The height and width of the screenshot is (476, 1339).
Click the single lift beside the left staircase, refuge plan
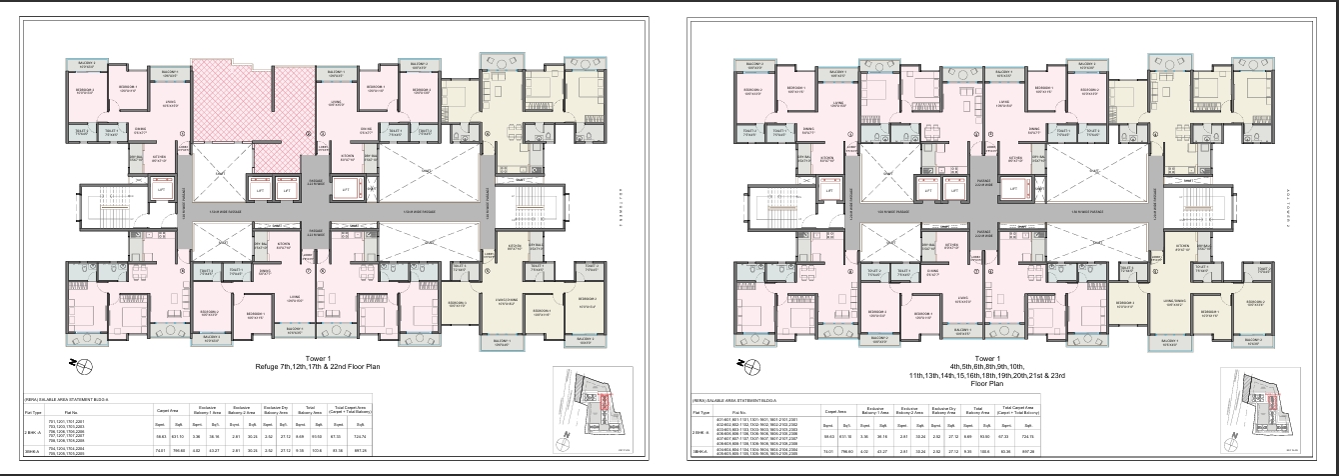(x=160, y=187)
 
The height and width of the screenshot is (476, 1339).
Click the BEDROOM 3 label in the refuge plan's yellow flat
(x=457, y=304)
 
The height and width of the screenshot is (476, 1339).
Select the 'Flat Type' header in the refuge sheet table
(x=32, y=410)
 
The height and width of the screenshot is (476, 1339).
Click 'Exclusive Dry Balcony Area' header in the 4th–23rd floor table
(x=944, y=410)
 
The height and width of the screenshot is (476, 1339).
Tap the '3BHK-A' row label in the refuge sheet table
(x=32, y=451)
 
